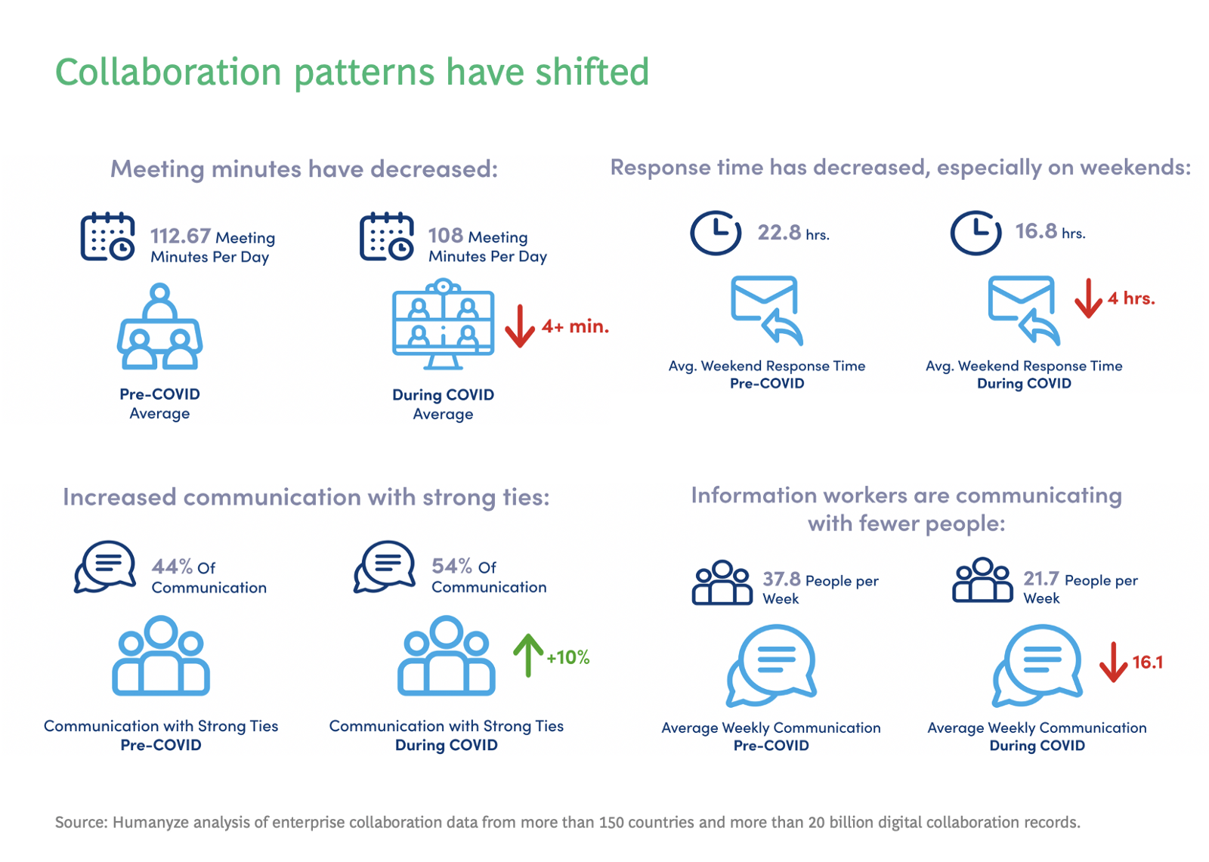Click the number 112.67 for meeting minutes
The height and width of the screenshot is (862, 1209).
(180, 236)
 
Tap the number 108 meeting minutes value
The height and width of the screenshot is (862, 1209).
(445, 235)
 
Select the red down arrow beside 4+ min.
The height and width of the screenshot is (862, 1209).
(520, 326)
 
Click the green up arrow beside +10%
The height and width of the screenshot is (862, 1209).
(528, 655)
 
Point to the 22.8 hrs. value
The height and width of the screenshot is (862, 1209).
(779, 232)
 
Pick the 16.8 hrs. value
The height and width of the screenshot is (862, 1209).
(1036, 231)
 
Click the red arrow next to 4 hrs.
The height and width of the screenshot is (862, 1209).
(1088, 298)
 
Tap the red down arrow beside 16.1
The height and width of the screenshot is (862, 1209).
(1113, 662)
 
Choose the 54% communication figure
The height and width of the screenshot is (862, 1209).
(452, 565)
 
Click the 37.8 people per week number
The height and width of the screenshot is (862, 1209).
(781, 579)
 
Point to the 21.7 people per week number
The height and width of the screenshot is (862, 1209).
(1041, 578)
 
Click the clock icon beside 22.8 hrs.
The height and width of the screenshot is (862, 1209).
(715, 233)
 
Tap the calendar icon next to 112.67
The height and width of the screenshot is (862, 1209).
(108, 237)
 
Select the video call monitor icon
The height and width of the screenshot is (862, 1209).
(444, 324)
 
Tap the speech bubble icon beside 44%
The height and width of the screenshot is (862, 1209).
(105, 567)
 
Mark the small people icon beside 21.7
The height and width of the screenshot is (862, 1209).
(982, 580)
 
